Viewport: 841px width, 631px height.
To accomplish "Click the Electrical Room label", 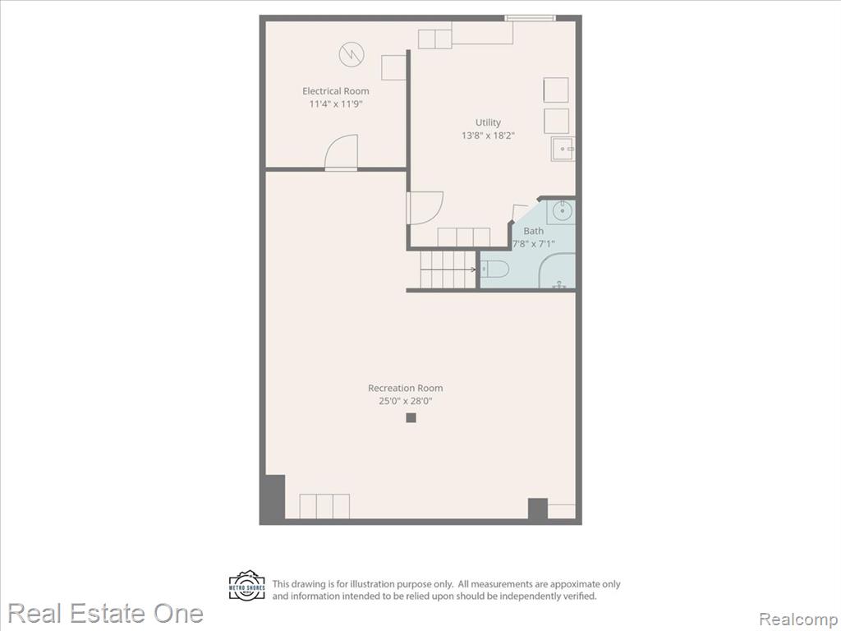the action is tap(336, 91).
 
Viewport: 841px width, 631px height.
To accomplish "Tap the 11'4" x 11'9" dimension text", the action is tap(336, 104).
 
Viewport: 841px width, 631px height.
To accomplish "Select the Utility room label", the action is tap(488, 123).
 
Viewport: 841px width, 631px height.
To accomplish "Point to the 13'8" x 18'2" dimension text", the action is tap(488, 136).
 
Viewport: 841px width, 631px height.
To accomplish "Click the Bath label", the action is tap(533, 231).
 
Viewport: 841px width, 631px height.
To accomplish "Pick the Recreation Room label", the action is tap(406, 388).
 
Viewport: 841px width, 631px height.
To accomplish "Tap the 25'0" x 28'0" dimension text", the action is tap(406, 401).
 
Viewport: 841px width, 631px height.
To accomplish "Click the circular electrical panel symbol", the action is tap(352, 54).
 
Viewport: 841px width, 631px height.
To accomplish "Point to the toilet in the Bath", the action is tap(494, 269).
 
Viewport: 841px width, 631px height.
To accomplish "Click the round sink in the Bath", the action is tap(562, 210).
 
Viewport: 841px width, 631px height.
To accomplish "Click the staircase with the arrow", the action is tap(448, 269).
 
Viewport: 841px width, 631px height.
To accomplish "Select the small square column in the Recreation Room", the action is tap(411, 417).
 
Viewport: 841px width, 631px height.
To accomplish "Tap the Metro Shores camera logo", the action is tap(246, 585).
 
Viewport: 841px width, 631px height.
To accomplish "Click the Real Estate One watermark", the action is tap(106, 613).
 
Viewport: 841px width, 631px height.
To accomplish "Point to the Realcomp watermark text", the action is tap(799, 619).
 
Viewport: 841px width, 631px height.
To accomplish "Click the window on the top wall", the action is tap(530, 18).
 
